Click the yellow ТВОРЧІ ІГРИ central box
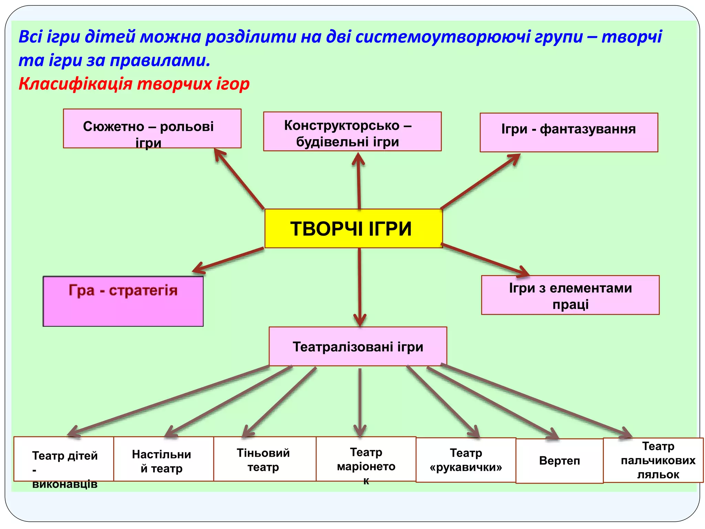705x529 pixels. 353,228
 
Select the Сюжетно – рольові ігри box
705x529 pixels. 152,128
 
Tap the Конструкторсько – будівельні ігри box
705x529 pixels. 352,131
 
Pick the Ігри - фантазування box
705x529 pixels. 569,132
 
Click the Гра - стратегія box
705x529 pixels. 123,301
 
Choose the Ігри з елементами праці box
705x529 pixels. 570,295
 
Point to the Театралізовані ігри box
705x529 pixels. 358,346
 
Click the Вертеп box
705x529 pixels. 559,461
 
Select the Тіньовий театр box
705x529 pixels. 264,459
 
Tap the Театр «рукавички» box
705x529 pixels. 466,460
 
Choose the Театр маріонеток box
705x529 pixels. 366,459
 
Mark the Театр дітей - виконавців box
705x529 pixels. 64,459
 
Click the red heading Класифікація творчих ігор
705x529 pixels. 134,84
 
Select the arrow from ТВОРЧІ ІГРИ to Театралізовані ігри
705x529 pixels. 359,286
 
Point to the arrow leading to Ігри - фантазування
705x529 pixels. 480,181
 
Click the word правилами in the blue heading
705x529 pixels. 160,61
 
